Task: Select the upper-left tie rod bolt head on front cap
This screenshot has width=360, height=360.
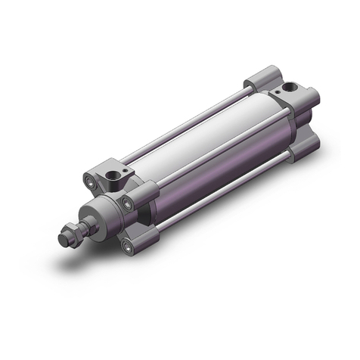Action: coord(92,182)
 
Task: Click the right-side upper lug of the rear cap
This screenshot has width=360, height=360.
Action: coord(309,99)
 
